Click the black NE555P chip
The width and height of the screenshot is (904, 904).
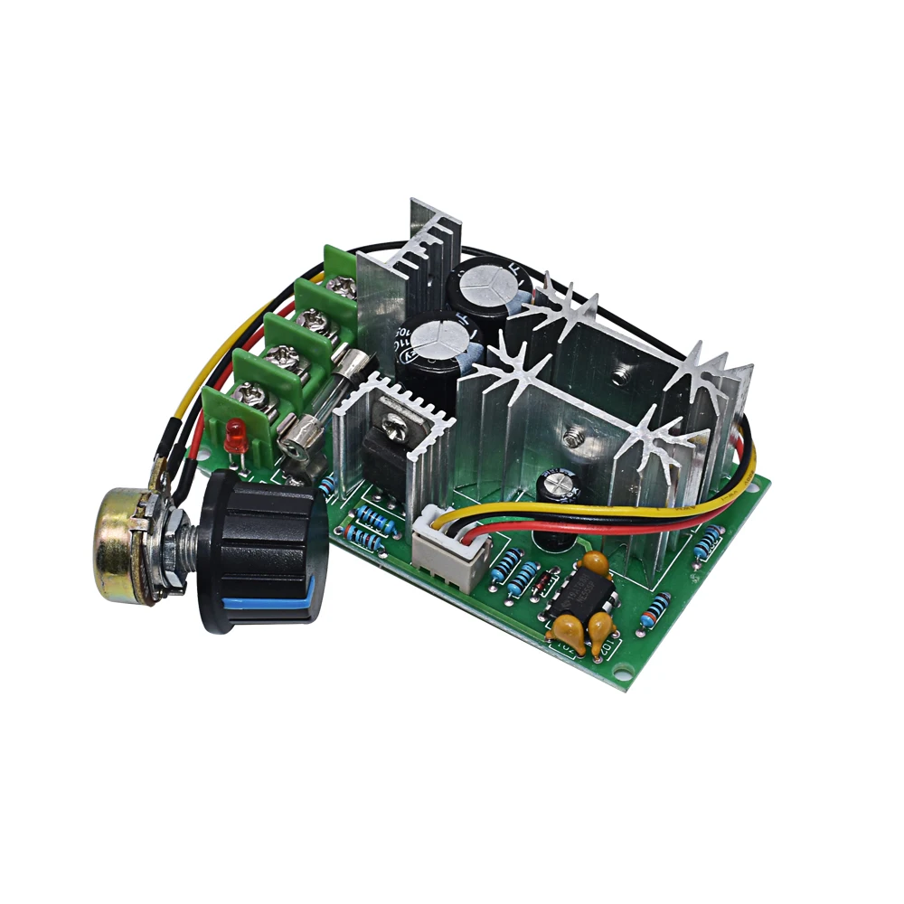tap(582, 598)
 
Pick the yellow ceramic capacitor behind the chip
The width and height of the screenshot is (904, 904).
tap(593, 563)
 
